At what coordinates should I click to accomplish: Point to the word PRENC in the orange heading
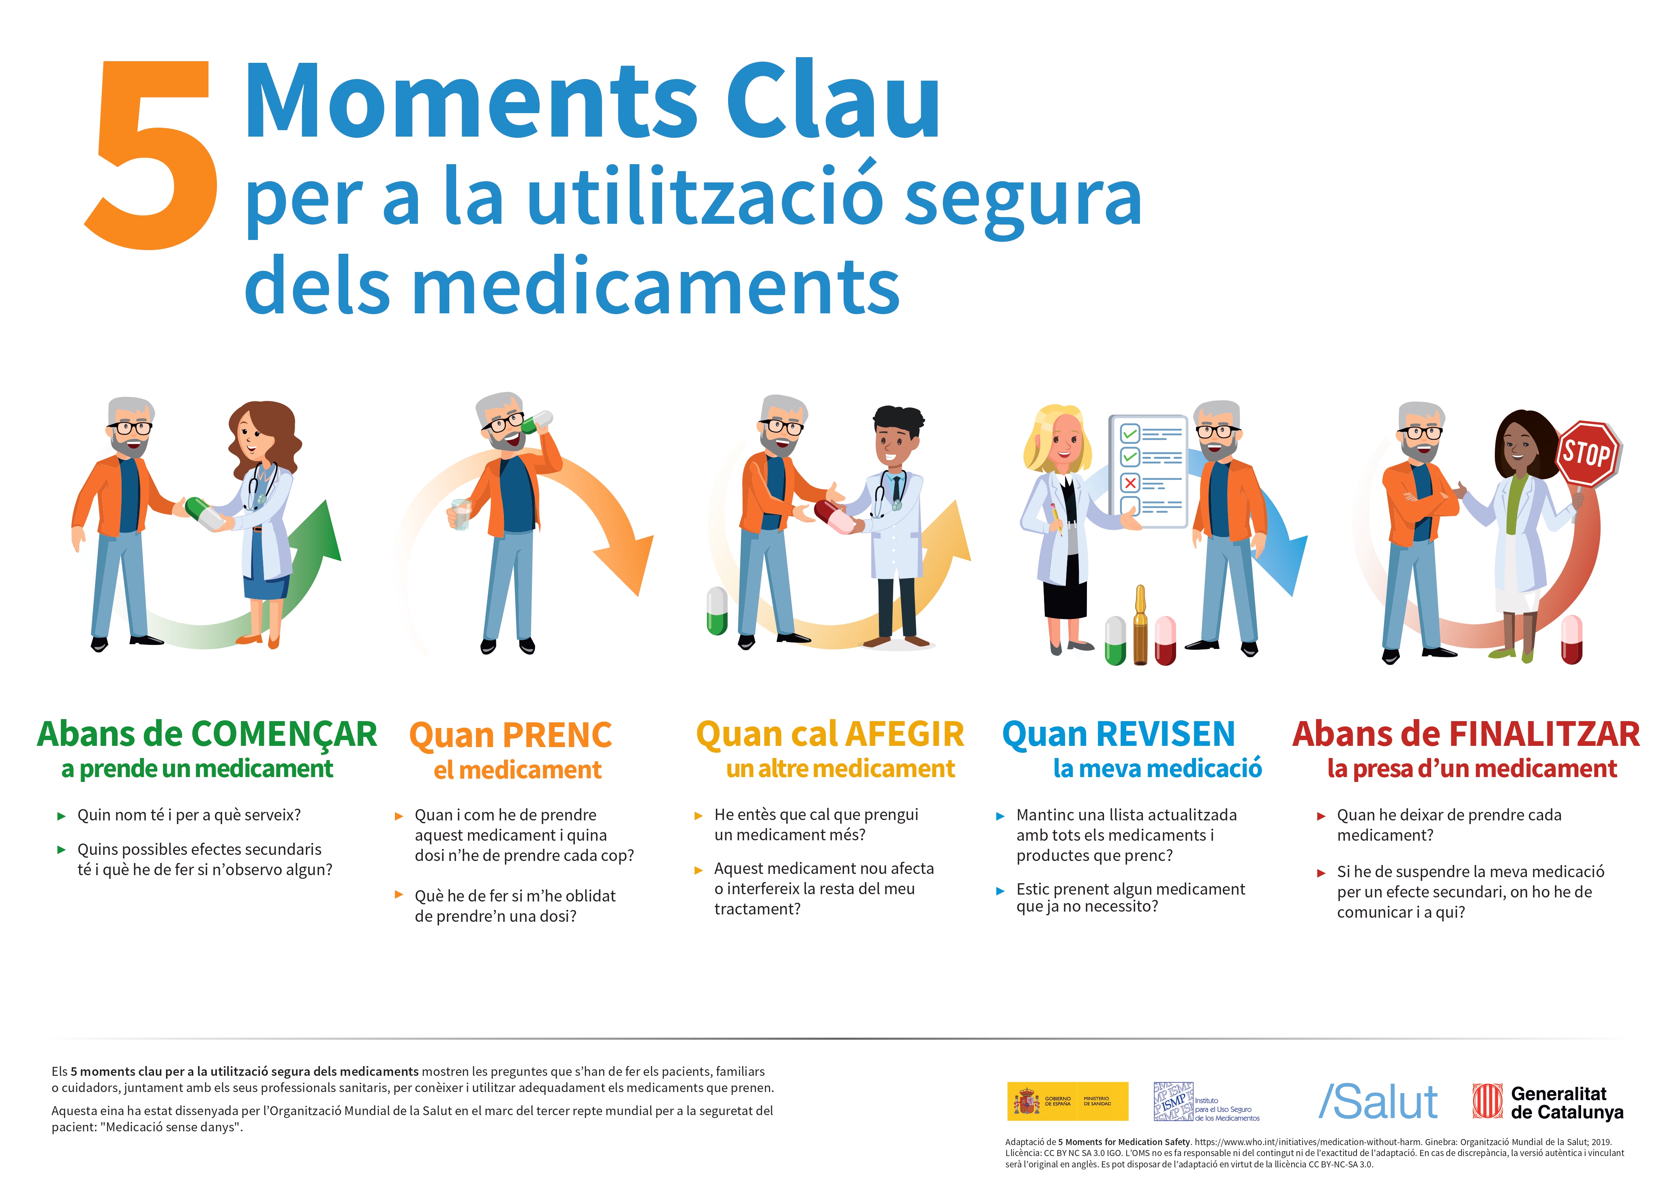(557, 735)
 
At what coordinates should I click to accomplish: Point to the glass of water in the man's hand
(461, 514)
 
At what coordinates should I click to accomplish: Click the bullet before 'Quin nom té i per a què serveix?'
(62, 816)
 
